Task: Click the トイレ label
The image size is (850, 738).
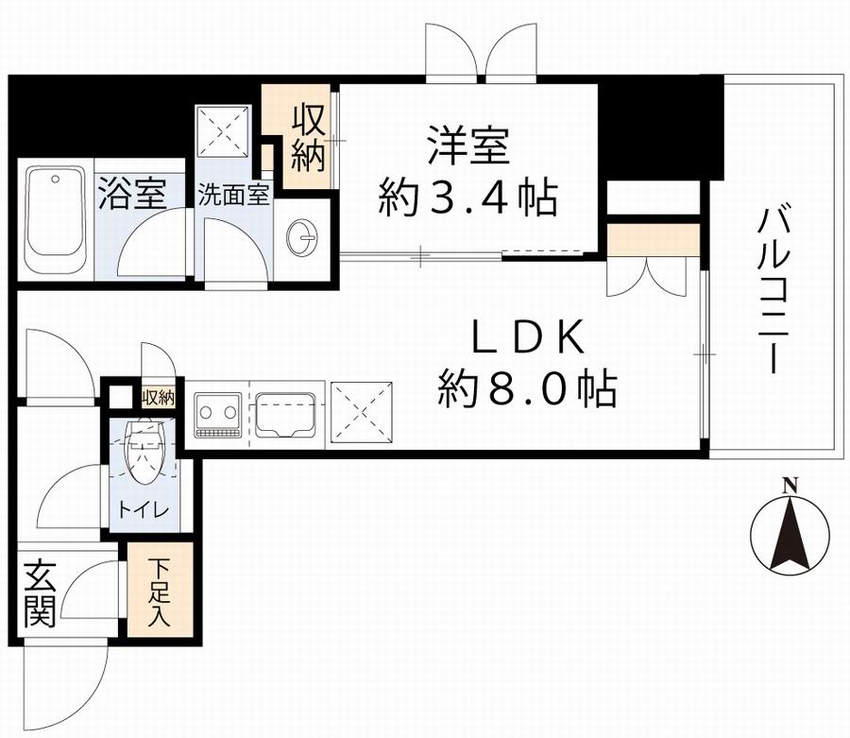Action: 144,511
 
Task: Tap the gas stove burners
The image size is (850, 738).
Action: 218,413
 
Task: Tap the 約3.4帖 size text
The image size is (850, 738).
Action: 467,198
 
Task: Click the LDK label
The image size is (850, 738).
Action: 528,338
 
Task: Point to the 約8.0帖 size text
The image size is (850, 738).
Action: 528,387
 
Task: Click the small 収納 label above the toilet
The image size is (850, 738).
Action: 159,397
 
